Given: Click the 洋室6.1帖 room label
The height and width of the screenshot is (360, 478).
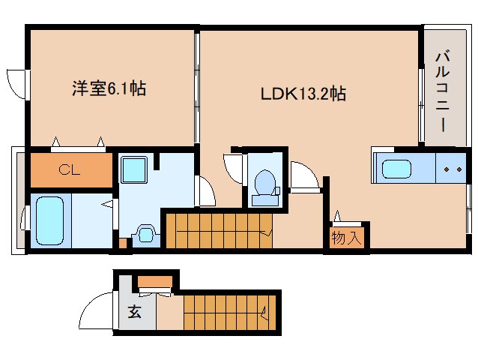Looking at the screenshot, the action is (x=109, y=88).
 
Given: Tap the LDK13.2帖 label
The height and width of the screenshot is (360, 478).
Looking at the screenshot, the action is (x=303, y=93).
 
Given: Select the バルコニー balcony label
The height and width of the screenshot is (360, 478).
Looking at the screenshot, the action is (x=443, y=91).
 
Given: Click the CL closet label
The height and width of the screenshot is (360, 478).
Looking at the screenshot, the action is (x=70, y=169).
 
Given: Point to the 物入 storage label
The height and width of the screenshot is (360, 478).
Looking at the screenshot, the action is (x=347, y=237).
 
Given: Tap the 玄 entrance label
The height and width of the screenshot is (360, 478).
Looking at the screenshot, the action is (x=134, y=311).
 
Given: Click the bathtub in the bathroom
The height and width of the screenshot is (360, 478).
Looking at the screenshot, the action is (x=50, y=220).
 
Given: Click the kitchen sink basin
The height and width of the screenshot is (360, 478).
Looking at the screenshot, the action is (x=396, y=169).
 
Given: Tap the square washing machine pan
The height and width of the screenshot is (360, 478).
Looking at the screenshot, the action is (x=134, y=169).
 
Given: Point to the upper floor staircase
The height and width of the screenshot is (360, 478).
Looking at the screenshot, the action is (x=219, y=231).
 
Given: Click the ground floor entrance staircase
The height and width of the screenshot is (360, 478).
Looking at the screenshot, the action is (x=230, y=313).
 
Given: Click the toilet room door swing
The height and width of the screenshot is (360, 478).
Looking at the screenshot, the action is (x=234, y=169).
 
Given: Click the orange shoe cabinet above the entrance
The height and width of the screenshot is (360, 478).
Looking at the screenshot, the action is (x=155, y=281).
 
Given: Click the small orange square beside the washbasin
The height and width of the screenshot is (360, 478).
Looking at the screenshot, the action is (x=123, y=243).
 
